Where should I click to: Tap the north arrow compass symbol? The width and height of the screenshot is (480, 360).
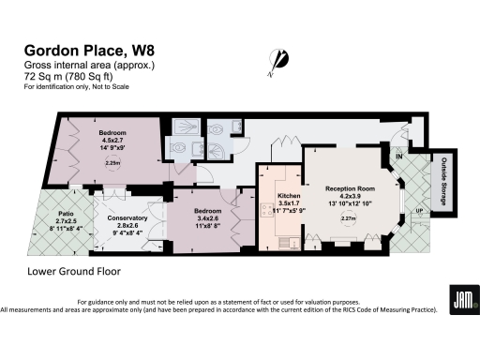pyautogui.click(x=274, y=60)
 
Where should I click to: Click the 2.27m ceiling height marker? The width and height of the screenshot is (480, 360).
pyautogui.click(x=347, y=219)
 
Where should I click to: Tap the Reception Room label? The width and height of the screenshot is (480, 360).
pyautogui.click(x=349, y=187)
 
